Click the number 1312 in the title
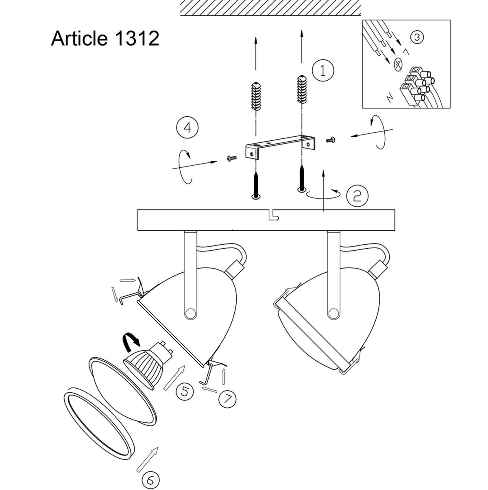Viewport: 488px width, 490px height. [x=137, y=39]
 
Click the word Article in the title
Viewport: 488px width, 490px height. [x=79, y=38]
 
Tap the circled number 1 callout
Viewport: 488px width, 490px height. [x=323, y=70]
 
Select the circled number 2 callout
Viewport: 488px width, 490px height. [x=357, y=196]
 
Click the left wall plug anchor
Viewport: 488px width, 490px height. [x=256, y=96]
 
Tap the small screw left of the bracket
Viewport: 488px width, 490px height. [x=231, y=158]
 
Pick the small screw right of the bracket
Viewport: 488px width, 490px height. [x=331, y=140]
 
